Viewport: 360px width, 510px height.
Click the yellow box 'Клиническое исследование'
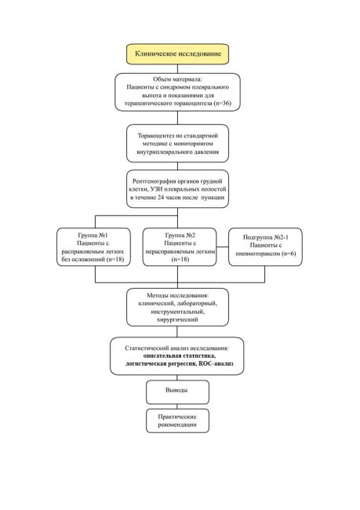[177, 54]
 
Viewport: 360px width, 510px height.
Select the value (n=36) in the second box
[223, 103]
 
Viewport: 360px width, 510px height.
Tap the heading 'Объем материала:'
[177, 79]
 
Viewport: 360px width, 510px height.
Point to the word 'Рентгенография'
[152, 181]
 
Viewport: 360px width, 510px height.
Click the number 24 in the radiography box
[161, 198]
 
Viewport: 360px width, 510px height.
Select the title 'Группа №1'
[93, 235]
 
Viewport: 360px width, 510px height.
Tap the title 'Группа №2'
[180, 235]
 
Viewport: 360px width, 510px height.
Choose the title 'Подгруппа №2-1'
[266, 237]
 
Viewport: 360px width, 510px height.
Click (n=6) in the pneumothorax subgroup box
[289, 253]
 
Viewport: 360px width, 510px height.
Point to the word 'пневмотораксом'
[258, 253]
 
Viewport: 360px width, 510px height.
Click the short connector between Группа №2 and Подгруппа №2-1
[223, 247]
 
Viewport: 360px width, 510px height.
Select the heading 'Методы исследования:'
[177, 295]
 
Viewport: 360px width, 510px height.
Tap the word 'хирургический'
[177, 319]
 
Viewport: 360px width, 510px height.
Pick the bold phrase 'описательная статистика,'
[180, 356]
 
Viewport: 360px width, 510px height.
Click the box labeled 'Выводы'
[177, 392]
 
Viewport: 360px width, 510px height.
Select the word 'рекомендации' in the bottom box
[177, 424]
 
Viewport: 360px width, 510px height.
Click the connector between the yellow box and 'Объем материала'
[177, 68]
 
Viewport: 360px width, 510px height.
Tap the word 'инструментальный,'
[177, 311]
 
